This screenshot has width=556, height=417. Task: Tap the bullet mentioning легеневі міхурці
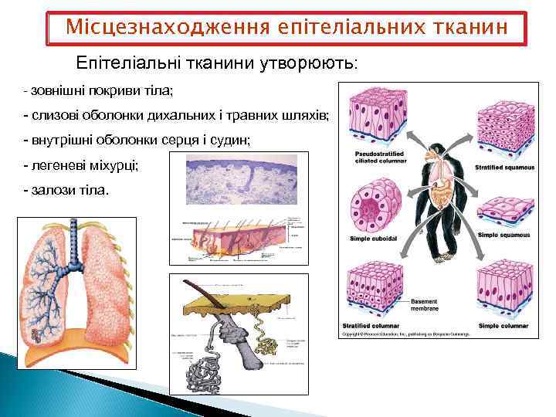click(x=82, y=165)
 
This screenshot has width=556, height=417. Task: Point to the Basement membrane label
click(x=425, y=304)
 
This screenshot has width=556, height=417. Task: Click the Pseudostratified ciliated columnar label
click(x=378, y=158)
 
